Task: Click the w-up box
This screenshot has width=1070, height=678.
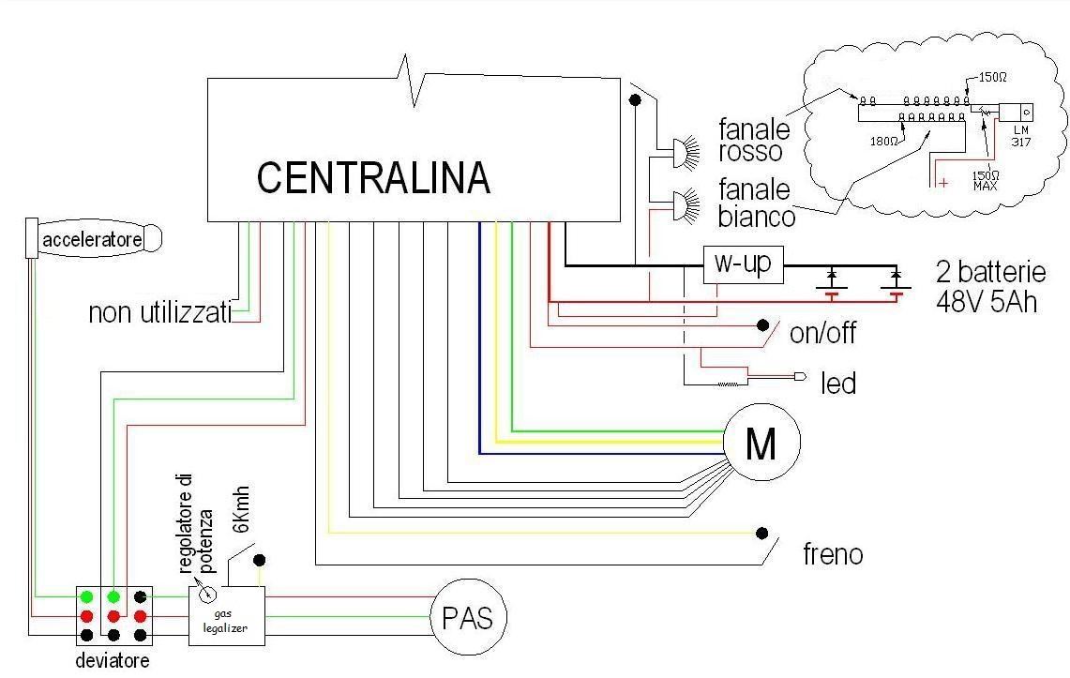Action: point(743,264)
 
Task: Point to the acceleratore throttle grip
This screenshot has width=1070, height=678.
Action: point(94,239)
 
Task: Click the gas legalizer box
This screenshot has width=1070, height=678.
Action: point(227,616)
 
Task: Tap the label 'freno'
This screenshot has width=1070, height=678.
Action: point(833,554)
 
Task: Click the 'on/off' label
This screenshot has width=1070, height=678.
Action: point(822,333)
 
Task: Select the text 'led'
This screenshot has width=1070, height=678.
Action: point(838,384)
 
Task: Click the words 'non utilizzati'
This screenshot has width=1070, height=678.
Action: point(160,313)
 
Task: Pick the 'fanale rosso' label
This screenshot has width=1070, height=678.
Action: point(754,140)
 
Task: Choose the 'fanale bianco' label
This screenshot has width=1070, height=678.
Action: point(756,203)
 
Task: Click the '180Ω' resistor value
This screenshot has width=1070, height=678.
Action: point(883,142)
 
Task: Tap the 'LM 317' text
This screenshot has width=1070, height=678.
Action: point(1021,136)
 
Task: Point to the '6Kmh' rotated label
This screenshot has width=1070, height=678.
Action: point(241,509)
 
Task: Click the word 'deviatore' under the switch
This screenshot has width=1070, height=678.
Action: point(112,661)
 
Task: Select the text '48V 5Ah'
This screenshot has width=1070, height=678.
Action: point(986,301)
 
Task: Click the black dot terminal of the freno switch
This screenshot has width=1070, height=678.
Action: point(762,533)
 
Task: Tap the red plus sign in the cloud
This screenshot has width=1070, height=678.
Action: point(943,183)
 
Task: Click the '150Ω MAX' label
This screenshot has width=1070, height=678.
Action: point(986,180)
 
